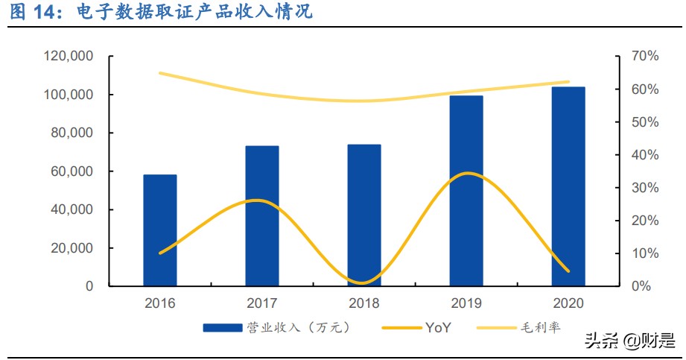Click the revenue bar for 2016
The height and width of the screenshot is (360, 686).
(x=160, y=230)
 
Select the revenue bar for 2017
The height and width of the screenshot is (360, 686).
(x=262, y=216)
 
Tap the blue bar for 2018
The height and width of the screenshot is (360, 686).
(x=364, y=215)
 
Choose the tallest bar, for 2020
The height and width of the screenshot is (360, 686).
(x=568, y=186)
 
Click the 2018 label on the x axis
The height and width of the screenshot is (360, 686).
(x=364, y=303)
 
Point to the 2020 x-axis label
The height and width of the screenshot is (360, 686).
(x=568, y=303)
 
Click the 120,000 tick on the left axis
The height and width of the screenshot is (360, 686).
(x=68, y=57)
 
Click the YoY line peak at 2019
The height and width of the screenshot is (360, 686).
(x=466, y=173)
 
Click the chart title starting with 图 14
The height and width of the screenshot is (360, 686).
(x=160, y=12)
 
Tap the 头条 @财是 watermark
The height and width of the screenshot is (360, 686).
(x=621, y=341)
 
